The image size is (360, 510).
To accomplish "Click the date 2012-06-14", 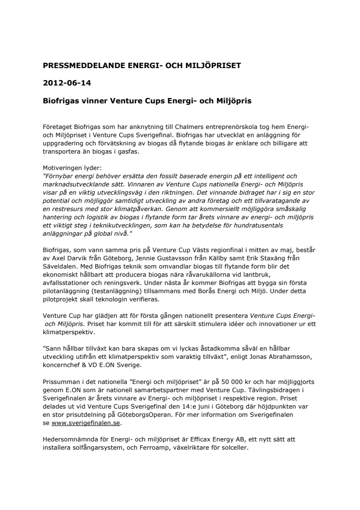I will pyautogui.click(x=64, y=83).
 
